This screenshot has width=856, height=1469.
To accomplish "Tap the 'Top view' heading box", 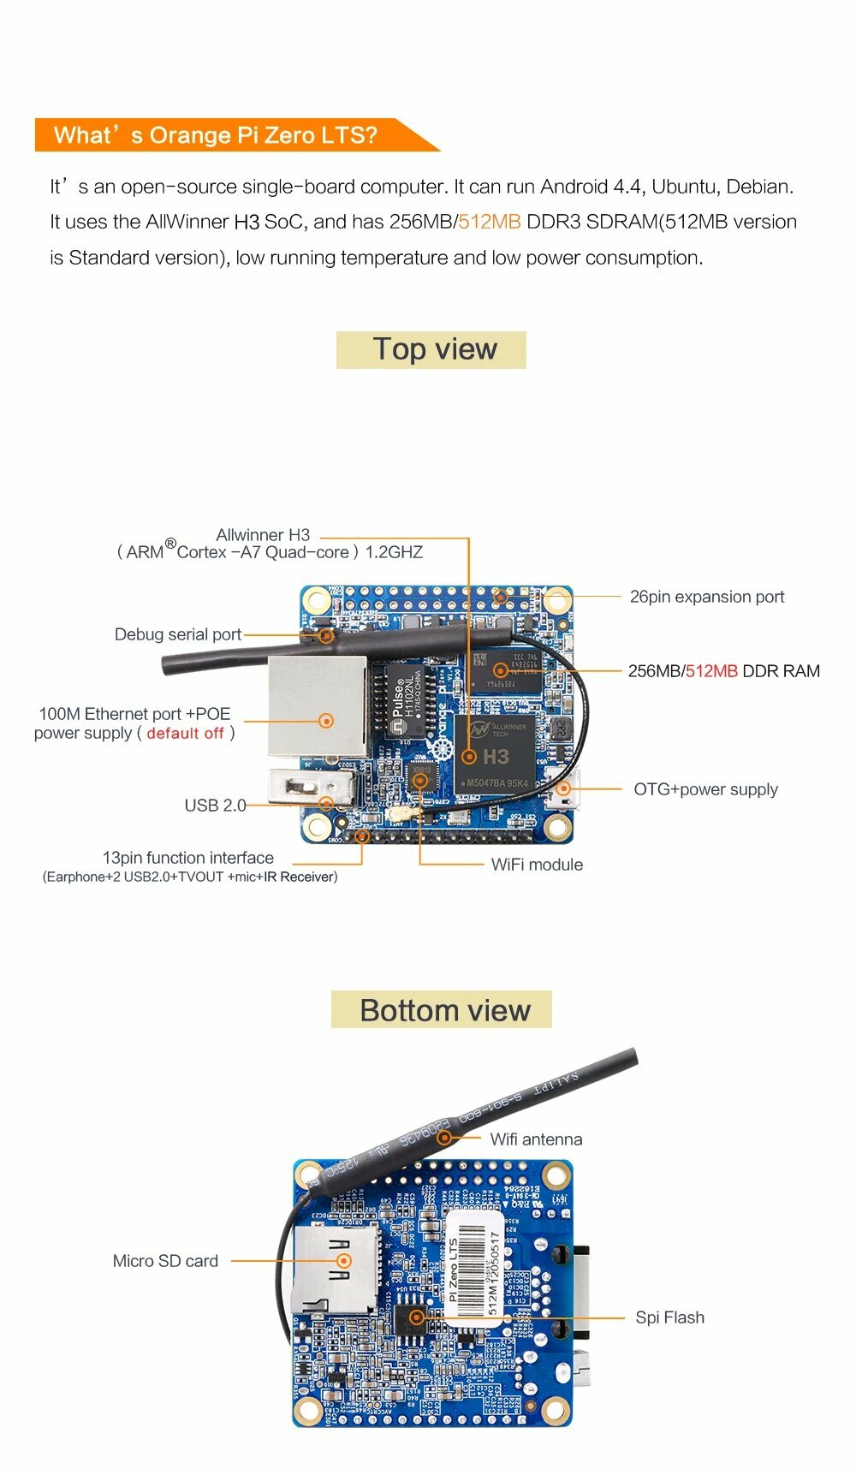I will click(431, 350).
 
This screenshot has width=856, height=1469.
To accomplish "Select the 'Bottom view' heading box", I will click(442, 1010).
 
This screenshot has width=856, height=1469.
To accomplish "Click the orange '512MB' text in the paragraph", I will click(490, 222).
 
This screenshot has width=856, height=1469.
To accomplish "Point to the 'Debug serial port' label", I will click(178, 634).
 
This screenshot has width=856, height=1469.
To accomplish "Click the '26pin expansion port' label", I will click(707, 597).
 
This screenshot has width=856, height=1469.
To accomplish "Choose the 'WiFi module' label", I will click(537, 865).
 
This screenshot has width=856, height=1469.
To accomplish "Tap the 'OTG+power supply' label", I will click(705, 789).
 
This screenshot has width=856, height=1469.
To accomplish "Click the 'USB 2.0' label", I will click(215, 806).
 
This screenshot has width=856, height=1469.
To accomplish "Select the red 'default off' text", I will click(185, 734).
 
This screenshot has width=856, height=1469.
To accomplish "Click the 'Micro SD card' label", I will click(165, 1261).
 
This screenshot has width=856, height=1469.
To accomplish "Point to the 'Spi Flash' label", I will click(669, 1317).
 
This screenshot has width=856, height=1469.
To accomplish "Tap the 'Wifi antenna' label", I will click(536, 1139).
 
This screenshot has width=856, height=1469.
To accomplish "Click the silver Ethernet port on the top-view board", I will click(318, 707).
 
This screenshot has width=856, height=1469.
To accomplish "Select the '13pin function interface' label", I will click(188, 858).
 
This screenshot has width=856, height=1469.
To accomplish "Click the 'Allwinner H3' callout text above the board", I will click(263, 535).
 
